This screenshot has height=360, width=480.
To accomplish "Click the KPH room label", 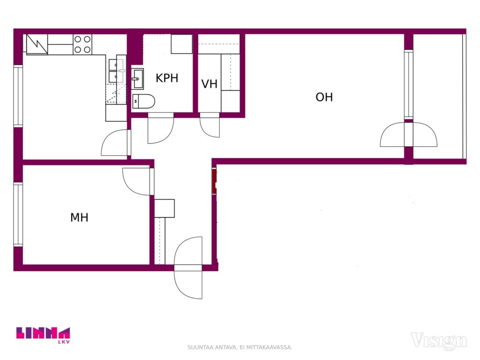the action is pos(167,78).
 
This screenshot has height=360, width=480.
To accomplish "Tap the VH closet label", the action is pos(210,84).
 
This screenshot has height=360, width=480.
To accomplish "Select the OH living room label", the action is pos(324,97).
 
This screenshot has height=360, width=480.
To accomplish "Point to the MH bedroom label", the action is pos(79,217).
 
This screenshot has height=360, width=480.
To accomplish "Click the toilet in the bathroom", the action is pos(143,101).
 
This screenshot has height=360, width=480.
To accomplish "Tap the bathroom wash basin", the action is pos(137,79).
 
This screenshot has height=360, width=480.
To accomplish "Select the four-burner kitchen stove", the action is pos(82,45).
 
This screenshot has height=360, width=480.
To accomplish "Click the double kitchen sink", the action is pos(117,71).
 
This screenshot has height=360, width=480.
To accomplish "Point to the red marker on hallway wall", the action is pos(214,181).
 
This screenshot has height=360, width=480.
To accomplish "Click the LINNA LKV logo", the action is pos(43,335).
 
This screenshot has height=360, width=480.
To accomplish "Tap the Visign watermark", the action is pos(439,340).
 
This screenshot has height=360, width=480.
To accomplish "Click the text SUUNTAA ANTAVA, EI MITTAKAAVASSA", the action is pos(240,347).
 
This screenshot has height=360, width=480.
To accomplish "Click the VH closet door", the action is pos(210,125).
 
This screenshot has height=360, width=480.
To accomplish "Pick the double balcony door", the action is pos(409,135).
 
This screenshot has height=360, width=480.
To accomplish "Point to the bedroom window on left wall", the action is pos(18,214).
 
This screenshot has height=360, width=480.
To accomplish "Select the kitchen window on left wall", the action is pos(18,96).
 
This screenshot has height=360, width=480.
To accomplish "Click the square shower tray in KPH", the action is pos(181,44).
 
